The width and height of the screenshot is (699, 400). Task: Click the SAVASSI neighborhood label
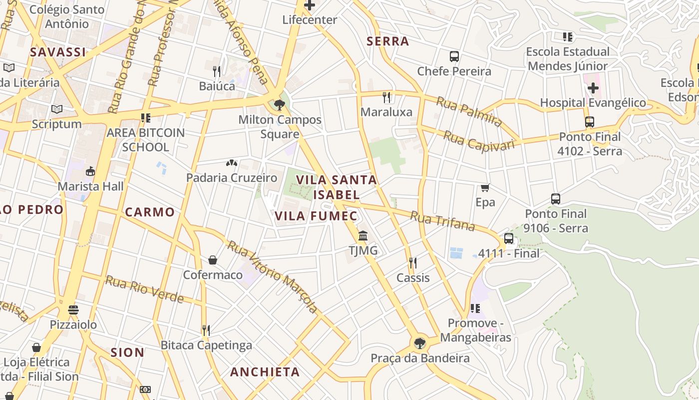point(58,52)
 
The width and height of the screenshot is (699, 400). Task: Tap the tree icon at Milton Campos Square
point(280,104)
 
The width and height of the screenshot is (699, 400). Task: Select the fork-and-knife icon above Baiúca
point(217,71)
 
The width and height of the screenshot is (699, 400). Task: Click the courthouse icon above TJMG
point(363,235)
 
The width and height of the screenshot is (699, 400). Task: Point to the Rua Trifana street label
point(442,220)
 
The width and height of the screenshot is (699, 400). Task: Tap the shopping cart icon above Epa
point(485,187)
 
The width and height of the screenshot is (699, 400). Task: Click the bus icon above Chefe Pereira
point(454,56)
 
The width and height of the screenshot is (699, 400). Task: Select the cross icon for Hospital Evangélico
point(593,88)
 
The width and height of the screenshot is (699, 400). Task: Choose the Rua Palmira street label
point(469,111)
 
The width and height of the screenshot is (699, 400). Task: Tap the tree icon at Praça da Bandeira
point(419,343)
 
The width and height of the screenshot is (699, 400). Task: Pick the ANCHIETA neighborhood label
point(265,372)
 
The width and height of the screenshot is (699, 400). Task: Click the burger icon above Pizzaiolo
point(73,309)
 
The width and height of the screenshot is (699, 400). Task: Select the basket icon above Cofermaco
point(213,260)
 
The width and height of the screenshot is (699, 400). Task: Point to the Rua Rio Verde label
point(144,289)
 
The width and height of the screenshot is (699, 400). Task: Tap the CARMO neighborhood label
point(150,212)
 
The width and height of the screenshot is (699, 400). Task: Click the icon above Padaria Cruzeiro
point(231,163)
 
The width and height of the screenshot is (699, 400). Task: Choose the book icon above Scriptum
point(57,109)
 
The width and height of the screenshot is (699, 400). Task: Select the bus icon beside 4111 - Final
point(509,238)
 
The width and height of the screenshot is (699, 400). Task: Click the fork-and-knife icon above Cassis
point(413,262)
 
